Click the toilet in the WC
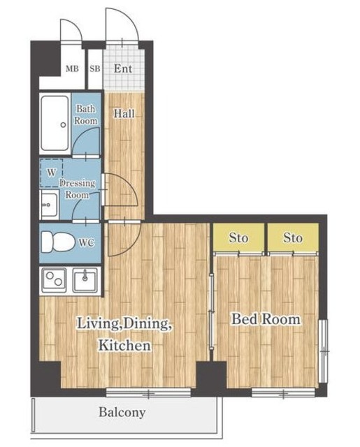pos(58,242)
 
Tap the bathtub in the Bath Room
pos(55,124)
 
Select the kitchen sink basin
pos(85,280)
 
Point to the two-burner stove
pos(55,279)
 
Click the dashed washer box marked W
pos(51,173)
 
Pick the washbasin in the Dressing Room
pos(49,204)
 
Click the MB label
pos(72,68)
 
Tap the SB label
pos(95,68)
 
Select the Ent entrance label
pos(123,68)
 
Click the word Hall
pos(124,113)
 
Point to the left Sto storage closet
pos(238,238)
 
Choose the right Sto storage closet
pos(293,238)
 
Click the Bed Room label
pos(266,319)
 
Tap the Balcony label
pos(122,412)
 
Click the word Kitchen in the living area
pos(124,345)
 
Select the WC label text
pos(87,243)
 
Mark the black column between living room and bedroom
pos(211,375)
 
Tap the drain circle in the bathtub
pos(64,125)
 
